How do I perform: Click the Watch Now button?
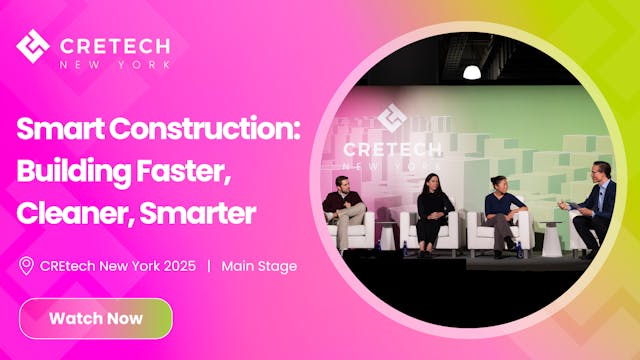pyautogui.click(x=96, y=319)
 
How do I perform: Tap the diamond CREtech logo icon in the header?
pyautogui.click(x=33, y=46)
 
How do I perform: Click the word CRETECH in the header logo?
pyautogui.click(x=115, y=45)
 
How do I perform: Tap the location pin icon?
pyautogui.click(x=27, y=266)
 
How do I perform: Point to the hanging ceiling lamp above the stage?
pyautogui.click(x=472, y=71)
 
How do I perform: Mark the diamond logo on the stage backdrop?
pyautogui.click(x=391, y=117)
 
